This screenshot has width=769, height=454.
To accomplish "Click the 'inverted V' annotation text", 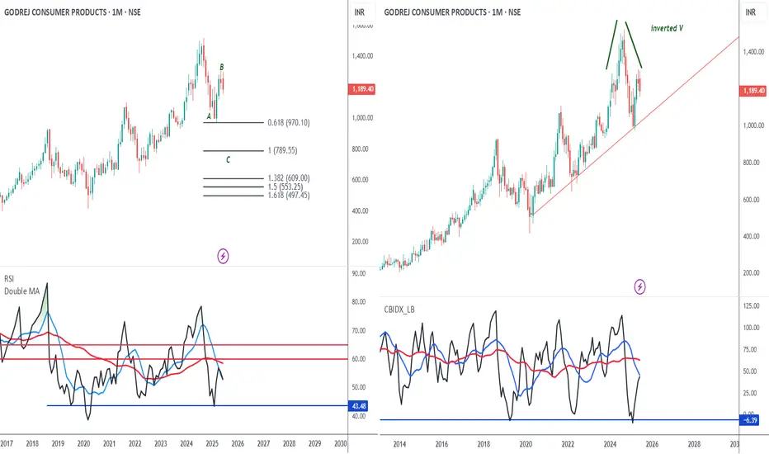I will (671, 28).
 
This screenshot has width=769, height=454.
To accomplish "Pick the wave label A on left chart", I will (209, 116).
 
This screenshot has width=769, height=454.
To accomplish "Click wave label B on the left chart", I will (222, 67).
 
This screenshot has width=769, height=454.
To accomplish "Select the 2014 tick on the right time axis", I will (399, 444).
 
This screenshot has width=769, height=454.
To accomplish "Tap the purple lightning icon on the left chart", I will (223, 256).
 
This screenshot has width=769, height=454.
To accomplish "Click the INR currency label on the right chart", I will (752, 12).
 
